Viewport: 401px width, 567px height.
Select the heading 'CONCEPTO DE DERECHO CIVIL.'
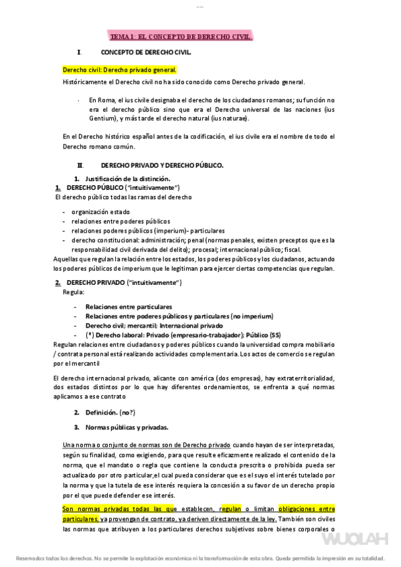(x=146, y=52)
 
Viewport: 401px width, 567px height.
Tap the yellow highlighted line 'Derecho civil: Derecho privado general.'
(x=119, y=70)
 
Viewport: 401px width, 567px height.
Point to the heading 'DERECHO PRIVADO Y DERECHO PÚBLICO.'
(x=162, y=164)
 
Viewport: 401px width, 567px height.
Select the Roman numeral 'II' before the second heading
(x=80, y=164)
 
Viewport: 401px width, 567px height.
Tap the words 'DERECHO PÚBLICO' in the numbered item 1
(x=95, y=188)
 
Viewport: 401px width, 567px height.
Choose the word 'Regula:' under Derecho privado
(x=73, y=292)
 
